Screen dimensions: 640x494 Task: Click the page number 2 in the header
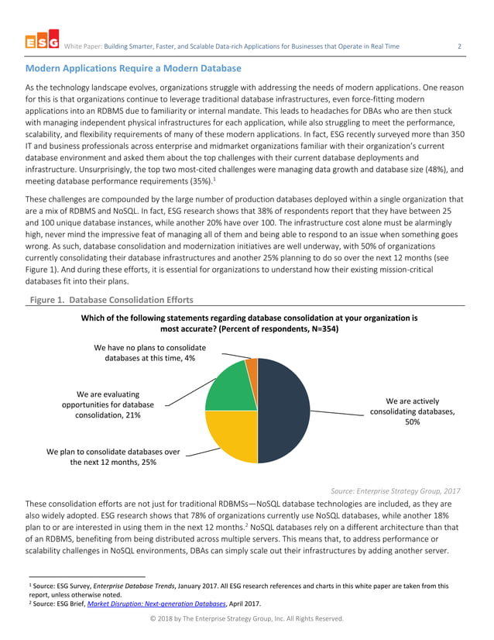(x=459, y=46)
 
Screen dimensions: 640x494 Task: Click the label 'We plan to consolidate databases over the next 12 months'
(x=113, y=456)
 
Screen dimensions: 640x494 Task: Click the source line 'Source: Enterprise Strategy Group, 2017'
(x=395, y=490)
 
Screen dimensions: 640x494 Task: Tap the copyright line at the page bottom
(x=247, y=618)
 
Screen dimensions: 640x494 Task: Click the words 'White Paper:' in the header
(x=83, y=46)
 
